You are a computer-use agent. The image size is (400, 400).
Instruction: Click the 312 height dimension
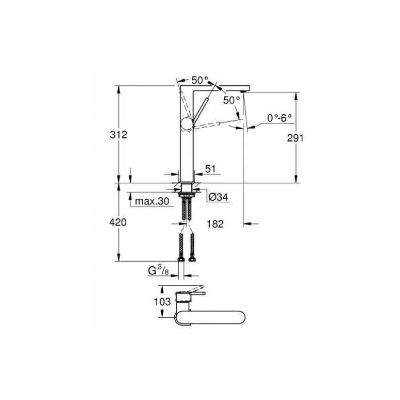(x=118, y=135)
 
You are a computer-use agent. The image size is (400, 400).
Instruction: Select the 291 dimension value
(x=295, y=138)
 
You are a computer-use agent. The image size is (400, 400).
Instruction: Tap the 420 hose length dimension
(x=118, y=222)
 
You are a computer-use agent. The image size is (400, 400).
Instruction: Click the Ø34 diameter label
(x=218, y=197)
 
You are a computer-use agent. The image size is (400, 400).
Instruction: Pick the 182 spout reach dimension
(x=214, y=223)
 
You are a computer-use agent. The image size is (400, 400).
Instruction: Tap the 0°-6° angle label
(x=279, y=118)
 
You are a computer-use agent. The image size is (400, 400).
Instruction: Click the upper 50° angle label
(x=199, y=81)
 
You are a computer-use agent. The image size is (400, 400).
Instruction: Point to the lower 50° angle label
(x=231, y=100)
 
